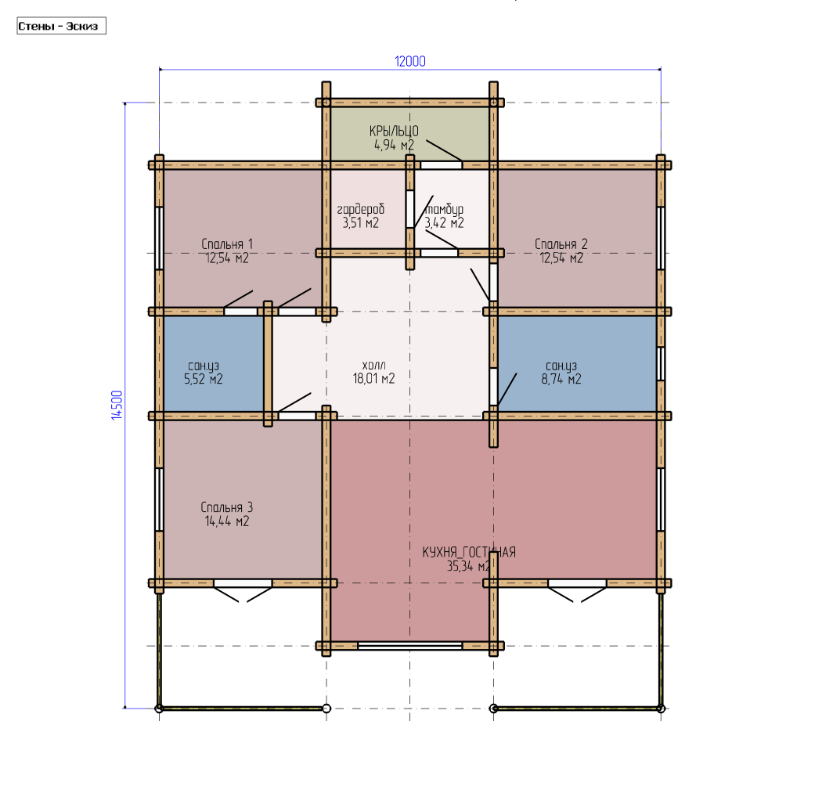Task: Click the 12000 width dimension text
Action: click(410, 62)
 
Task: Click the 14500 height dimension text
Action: click(117, 405)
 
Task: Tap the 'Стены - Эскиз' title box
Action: click(62, 26)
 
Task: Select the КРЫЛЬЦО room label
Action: click(394, 131)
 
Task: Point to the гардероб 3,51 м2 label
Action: click(361, 216)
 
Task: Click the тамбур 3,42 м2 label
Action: click(445, 216)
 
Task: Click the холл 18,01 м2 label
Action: click(374, 372)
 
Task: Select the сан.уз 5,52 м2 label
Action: click(204, 373)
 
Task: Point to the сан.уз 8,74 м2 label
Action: click(561, 373)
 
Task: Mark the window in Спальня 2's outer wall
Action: click(660, 238)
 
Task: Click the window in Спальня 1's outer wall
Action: click(159, 238)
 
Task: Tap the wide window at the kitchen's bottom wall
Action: click(409, 646)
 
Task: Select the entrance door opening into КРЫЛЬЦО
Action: click(442, 165)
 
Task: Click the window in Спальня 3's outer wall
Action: click(159, 499)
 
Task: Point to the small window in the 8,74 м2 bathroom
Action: click(660, 363)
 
